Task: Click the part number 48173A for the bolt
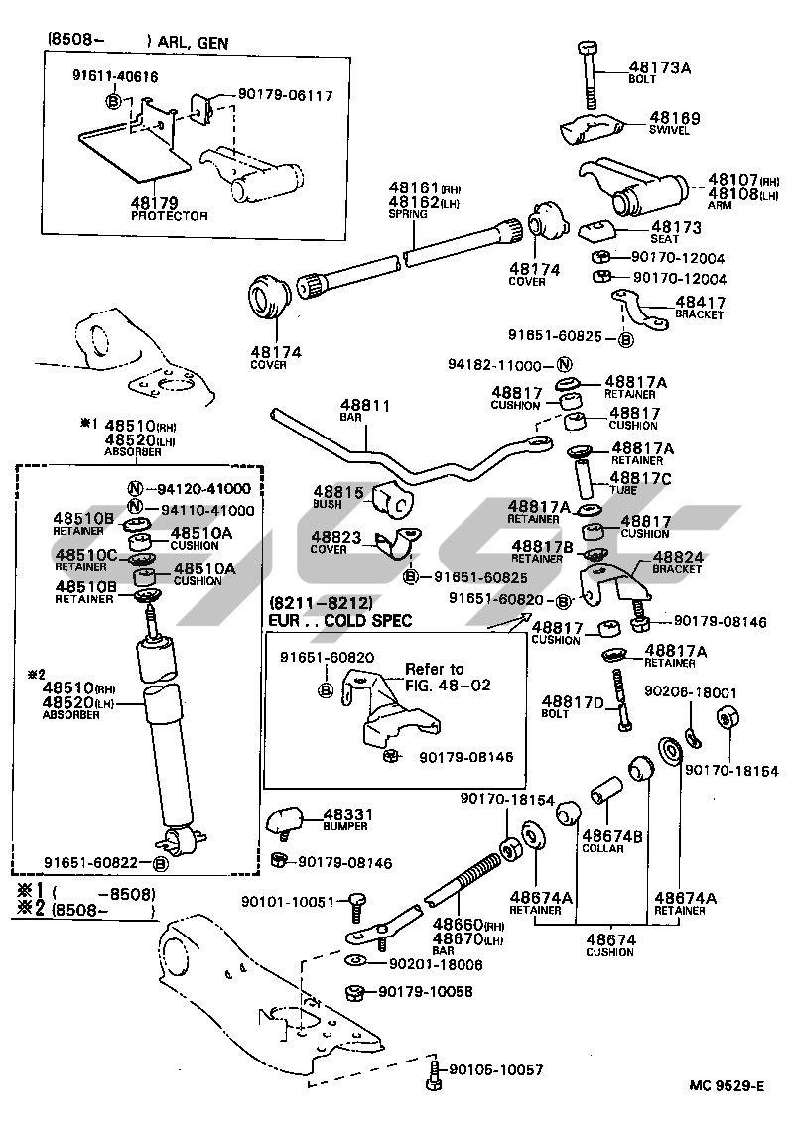pos(659,67)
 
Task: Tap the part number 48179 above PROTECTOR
pos(155,202)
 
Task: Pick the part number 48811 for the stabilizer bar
pos(365,406)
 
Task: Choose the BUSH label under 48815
pos(327,503)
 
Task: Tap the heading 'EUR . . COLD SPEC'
pos(340,620)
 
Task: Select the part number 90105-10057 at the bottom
pos(495,1069)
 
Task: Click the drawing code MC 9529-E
pos(728,1085)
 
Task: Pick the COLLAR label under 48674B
pos(602,848)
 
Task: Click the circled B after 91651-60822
pos(160,863)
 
